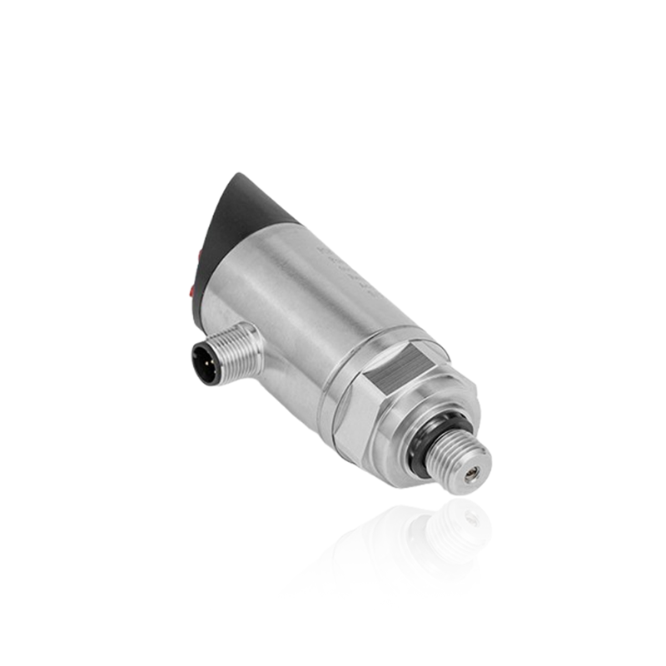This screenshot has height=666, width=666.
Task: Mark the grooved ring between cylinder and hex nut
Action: (x=337, y=391)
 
